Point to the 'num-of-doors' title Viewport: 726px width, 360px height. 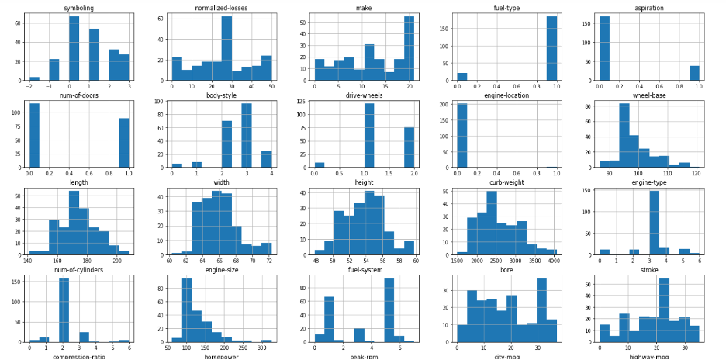click(74, 95)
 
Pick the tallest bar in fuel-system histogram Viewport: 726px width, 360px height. click(389, 310)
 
